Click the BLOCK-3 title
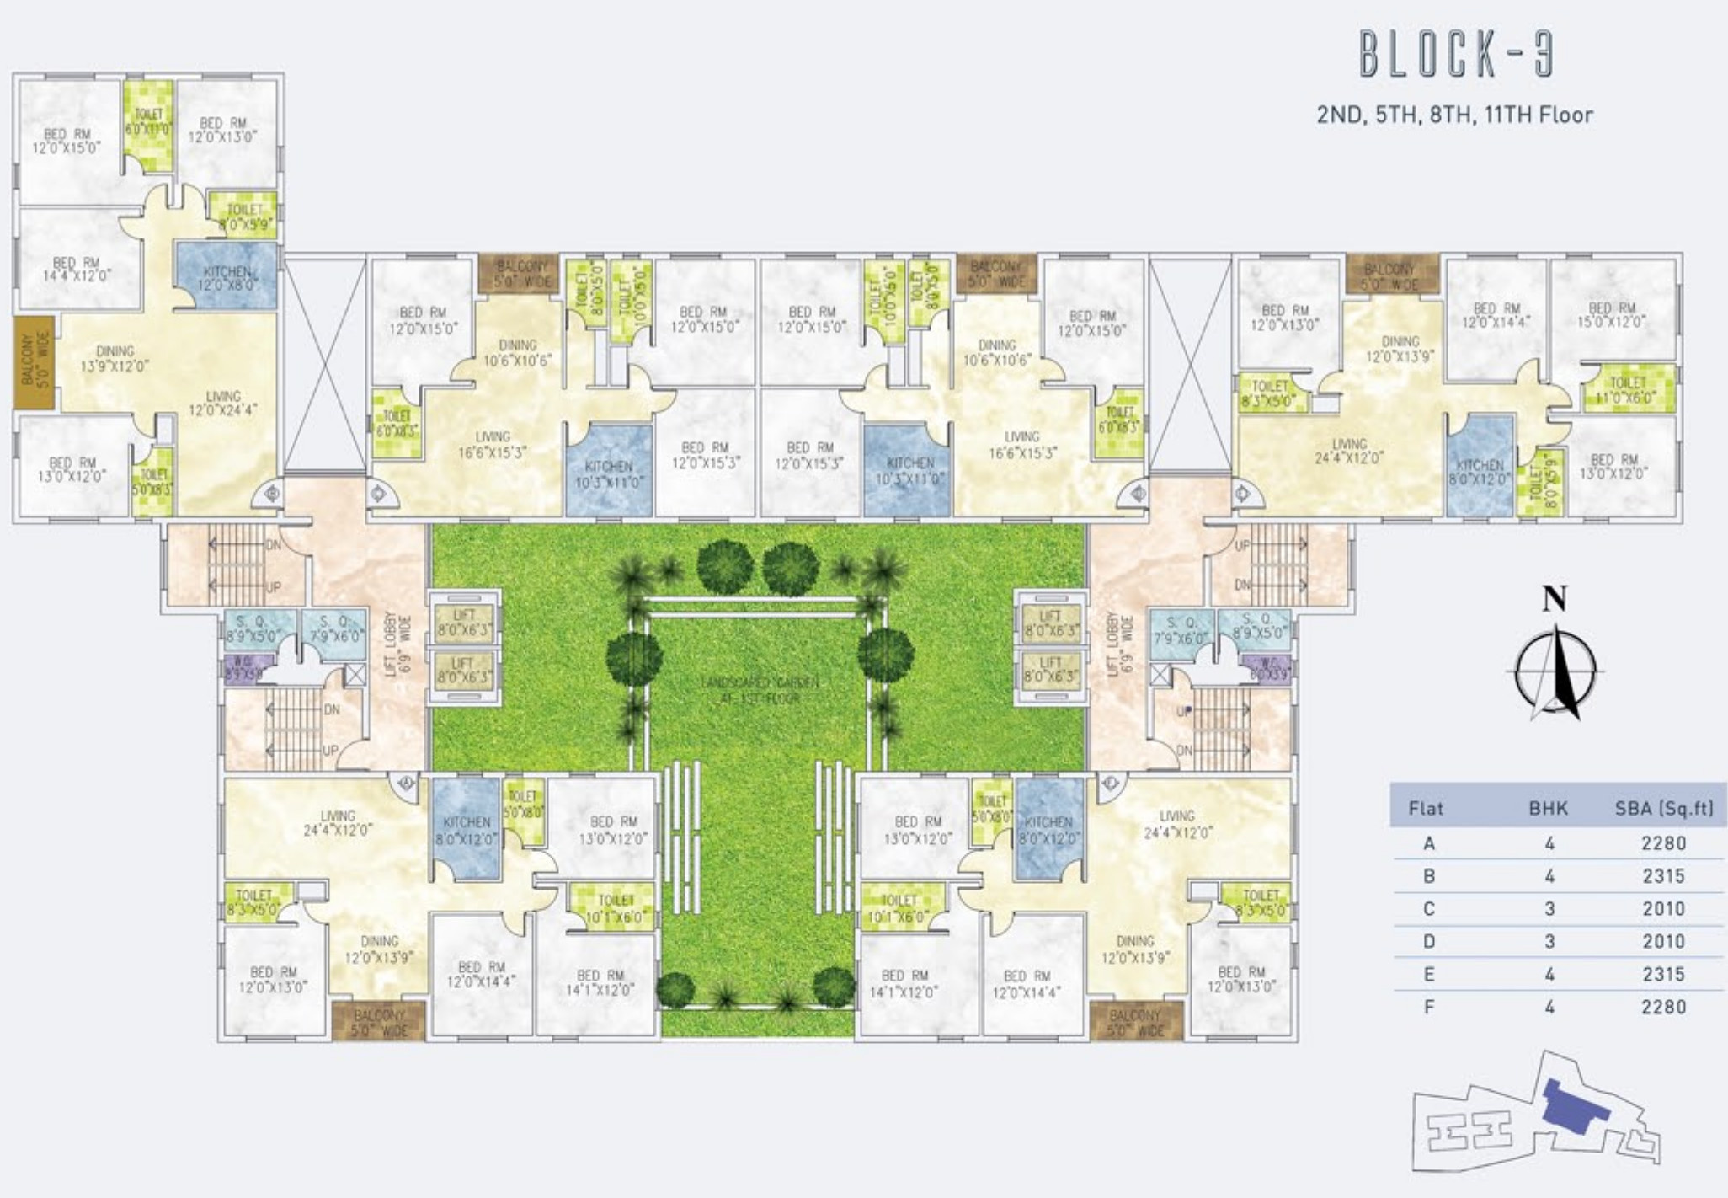(1456, 55)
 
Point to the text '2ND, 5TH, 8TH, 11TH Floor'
(1454, 115)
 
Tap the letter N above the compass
(1555, 600)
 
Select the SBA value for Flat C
(1662, 909)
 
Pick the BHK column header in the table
(1548, 809)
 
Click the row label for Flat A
(1428, 843)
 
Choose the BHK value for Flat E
(1549, 975)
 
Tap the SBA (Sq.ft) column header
(1663, 809)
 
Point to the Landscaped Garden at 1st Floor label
(759, 690)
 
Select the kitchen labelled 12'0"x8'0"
(227, 277)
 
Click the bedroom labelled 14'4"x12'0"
(77, 269)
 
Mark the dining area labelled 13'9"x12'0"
(115, 358)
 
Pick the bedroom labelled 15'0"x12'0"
(1612, 315)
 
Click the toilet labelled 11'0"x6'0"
(1627, 390)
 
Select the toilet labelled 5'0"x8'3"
(153, 482)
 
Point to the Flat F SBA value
(1662, 1007)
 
